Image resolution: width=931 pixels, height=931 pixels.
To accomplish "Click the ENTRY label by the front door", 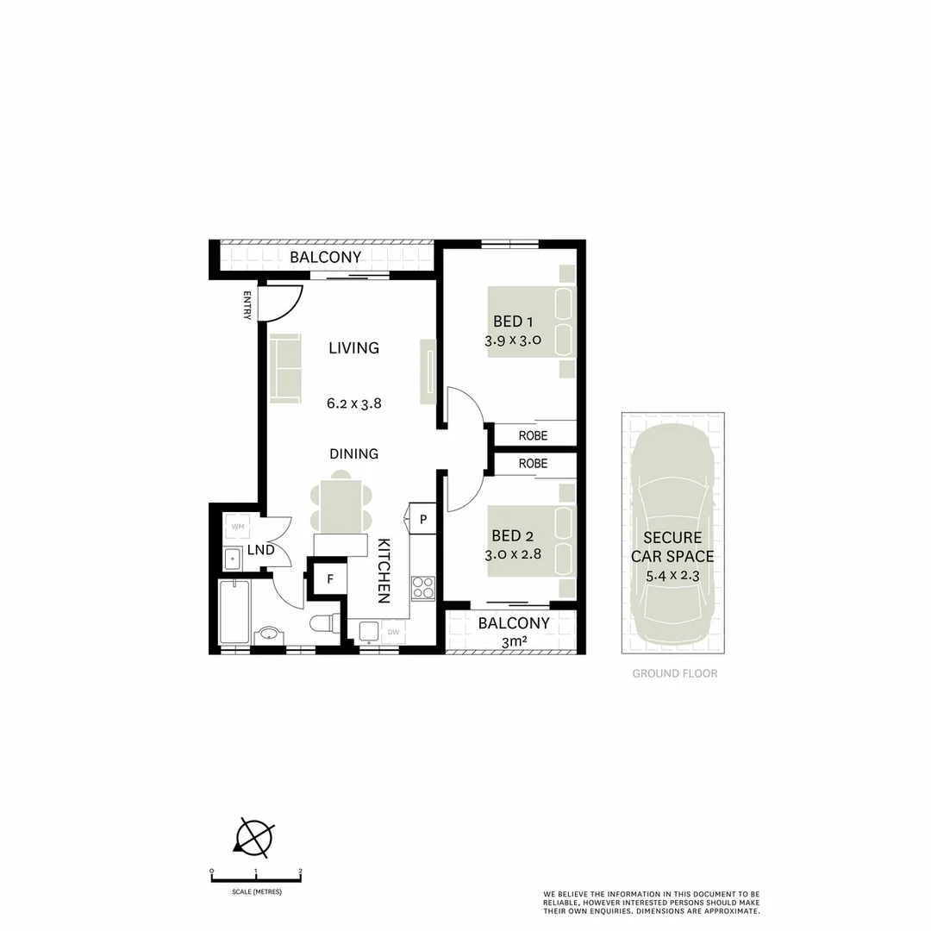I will (x=247, y=305).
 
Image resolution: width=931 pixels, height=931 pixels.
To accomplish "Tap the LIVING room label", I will (x=353, y=348).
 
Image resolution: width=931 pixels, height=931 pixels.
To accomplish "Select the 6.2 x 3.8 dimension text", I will (x=353, y=403).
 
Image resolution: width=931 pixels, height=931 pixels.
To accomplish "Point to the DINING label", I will (x=353, y=453).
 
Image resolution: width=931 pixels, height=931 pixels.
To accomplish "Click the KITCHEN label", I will (x=384, y=570).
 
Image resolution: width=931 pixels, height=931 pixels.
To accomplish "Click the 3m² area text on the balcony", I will (x=514, y=642).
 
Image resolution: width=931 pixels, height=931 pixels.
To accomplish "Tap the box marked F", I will (x=329, y=578).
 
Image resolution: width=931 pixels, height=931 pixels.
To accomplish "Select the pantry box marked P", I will (x=424, y=519).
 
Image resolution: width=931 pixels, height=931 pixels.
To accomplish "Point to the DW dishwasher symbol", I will (x=393, y=632).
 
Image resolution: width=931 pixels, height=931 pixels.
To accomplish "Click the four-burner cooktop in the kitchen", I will (x=422, y=588).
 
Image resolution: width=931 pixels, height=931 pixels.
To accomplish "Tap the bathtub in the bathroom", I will (x=234, y=611).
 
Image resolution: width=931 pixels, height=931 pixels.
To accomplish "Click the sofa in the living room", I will (x=285, y=368).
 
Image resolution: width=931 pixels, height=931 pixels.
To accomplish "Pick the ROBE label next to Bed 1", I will (x=534, y=435).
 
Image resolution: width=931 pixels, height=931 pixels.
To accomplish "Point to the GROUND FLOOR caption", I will (x=674, y=673).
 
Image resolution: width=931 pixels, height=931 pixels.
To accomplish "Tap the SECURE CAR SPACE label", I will (x=672, y=547).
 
